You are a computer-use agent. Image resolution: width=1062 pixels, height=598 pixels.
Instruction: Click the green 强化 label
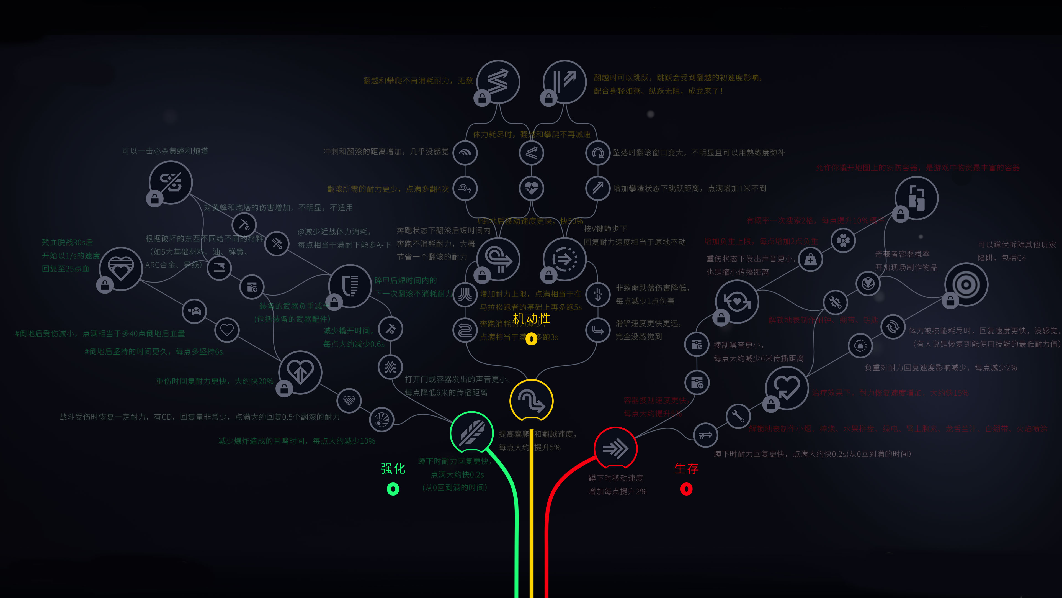(x=393, y=468)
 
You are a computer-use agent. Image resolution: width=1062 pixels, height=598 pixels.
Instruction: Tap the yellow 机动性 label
(x=531, y=318)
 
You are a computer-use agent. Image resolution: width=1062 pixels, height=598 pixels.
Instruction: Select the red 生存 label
(x=686, y=468)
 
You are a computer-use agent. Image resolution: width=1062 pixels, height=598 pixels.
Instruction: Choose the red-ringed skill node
(x=615, y=448)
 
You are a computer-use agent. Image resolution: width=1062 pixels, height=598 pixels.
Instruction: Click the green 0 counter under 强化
(x=393, y=489)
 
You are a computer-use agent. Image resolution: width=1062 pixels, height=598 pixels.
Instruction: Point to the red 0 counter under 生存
(x=686, y=489)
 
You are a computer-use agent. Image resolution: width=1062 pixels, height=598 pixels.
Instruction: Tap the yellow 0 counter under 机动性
(x=531, y=339)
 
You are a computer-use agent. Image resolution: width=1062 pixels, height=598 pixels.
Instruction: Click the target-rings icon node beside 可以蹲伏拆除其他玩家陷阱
(x=966, y=284)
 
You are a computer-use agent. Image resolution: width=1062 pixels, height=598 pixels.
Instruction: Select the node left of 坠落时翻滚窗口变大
(x=598, y=153)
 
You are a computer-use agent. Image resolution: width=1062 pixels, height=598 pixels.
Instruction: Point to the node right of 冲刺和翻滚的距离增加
(x=465, y=153)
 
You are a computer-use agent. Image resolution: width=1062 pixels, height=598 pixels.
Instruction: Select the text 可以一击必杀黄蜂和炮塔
(x=165, y=151)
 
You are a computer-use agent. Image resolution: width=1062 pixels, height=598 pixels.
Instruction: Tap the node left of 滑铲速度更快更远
(x=598, y=330)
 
